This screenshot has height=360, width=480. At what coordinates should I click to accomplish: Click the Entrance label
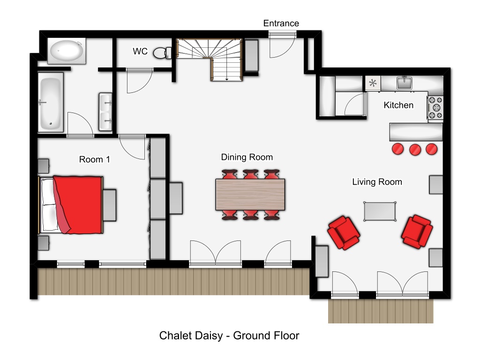tap(281, 23)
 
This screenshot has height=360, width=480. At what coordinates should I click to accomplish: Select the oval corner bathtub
tap(67, 51)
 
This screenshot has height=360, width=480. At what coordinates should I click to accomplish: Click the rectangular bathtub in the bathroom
tap(51, 102)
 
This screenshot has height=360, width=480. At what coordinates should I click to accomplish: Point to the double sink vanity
tap(105, 112)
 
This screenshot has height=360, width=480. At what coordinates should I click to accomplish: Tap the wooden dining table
tap(250, 195)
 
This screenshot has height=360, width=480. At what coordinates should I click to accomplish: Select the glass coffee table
tap(380, 211)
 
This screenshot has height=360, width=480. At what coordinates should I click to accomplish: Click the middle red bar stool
tap(415, 150)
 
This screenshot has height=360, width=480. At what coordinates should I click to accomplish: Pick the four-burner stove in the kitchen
tap(435, 107)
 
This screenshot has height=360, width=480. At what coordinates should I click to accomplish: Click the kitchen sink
tap(405, 82)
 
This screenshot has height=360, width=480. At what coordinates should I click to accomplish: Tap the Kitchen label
tap(398, 105)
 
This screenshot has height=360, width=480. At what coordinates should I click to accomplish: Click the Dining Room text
tap(247, 157)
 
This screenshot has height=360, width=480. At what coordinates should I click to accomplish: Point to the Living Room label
tap(377, 182)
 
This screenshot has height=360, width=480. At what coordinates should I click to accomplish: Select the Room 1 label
tap(94, 159)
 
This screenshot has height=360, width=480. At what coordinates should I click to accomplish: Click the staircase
tap(210, 60)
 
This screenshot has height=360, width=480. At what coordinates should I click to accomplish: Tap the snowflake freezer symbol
tap(373, 83)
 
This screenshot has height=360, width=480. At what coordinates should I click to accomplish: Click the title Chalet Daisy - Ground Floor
tap(229, 336)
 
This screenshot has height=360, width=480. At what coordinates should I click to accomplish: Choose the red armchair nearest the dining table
tap(344, 233)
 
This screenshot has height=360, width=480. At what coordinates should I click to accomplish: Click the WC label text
tap(140, 51)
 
